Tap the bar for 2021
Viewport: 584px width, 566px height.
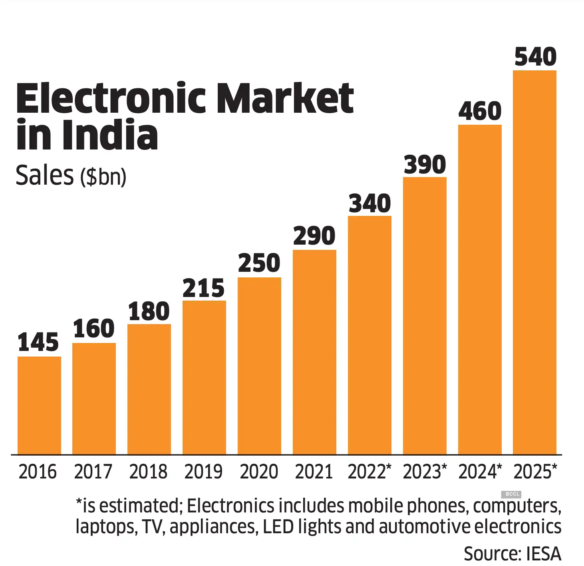[x=314, y=352]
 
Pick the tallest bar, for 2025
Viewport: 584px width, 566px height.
[x=534, y=262]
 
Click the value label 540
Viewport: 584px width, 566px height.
[x=535, y=57]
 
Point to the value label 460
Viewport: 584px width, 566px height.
[x=480, y=111]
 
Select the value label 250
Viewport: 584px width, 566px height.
[x=259, y=263]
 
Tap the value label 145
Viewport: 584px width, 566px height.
[x=38, y=343]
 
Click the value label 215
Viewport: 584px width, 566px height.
[x=204, y=288]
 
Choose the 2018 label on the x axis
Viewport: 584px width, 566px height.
[x=148, y=472]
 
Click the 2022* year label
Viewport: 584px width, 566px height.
[x=369, y=472]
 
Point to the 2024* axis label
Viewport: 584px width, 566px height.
[x=480, y=472]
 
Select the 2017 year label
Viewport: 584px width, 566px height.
[x=93, y=472]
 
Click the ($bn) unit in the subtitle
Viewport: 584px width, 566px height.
[x=103, y=176]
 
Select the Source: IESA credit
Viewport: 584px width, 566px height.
[x=512, y=554]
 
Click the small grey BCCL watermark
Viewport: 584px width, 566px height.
[x=512, y=494]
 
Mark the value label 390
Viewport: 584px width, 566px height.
[x=425, y=165]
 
